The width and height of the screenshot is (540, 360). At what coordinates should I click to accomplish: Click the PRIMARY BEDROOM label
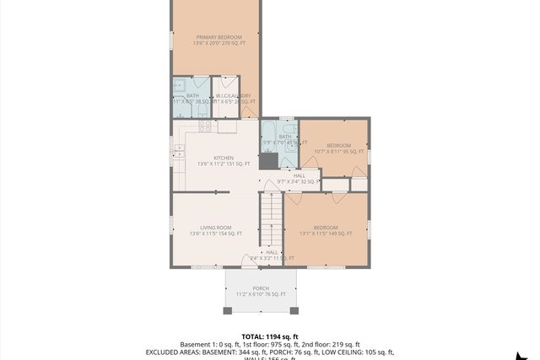click(x=219, y=37)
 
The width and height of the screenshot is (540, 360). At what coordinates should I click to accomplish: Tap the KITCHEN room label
click(x=224, y=158)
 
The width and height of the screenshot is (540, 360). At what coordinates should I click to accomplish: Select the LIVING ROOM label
click(x=216, y=227)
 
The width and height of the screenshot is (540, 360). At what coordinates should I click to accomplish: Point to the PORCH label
click(x=260, y=287)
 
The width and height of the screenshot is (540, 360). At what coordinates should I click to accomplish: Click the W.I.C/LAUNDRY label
click(x=234, y=96)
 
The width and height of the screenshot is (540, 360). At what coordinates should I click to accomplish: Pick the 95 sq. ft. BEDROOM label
click(x=339, y=145)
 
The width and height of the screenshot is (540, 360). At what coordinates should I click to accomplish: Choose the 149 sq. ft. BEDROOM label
click(x=326, y=227)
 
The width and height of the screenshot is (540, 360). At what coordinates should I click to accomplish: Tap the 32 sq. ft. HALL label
click(x=299, y=175)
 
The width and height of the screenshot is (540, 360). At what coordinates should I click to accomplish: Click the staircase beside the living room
click(x=270, y=219)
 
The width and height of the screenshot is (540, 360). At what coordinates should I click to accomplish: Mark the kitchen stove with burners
click(x=203, y=126)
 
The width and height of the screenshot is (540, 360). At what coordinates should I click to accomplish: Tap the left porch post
click(x=226, y=310)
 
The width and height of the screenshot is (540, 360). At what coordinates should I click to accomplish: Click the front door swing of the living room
click(x=251, y=261)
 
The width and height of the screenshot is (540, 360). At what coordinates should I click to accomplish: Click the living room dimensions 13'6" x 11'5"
click(x=216, y=234)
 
